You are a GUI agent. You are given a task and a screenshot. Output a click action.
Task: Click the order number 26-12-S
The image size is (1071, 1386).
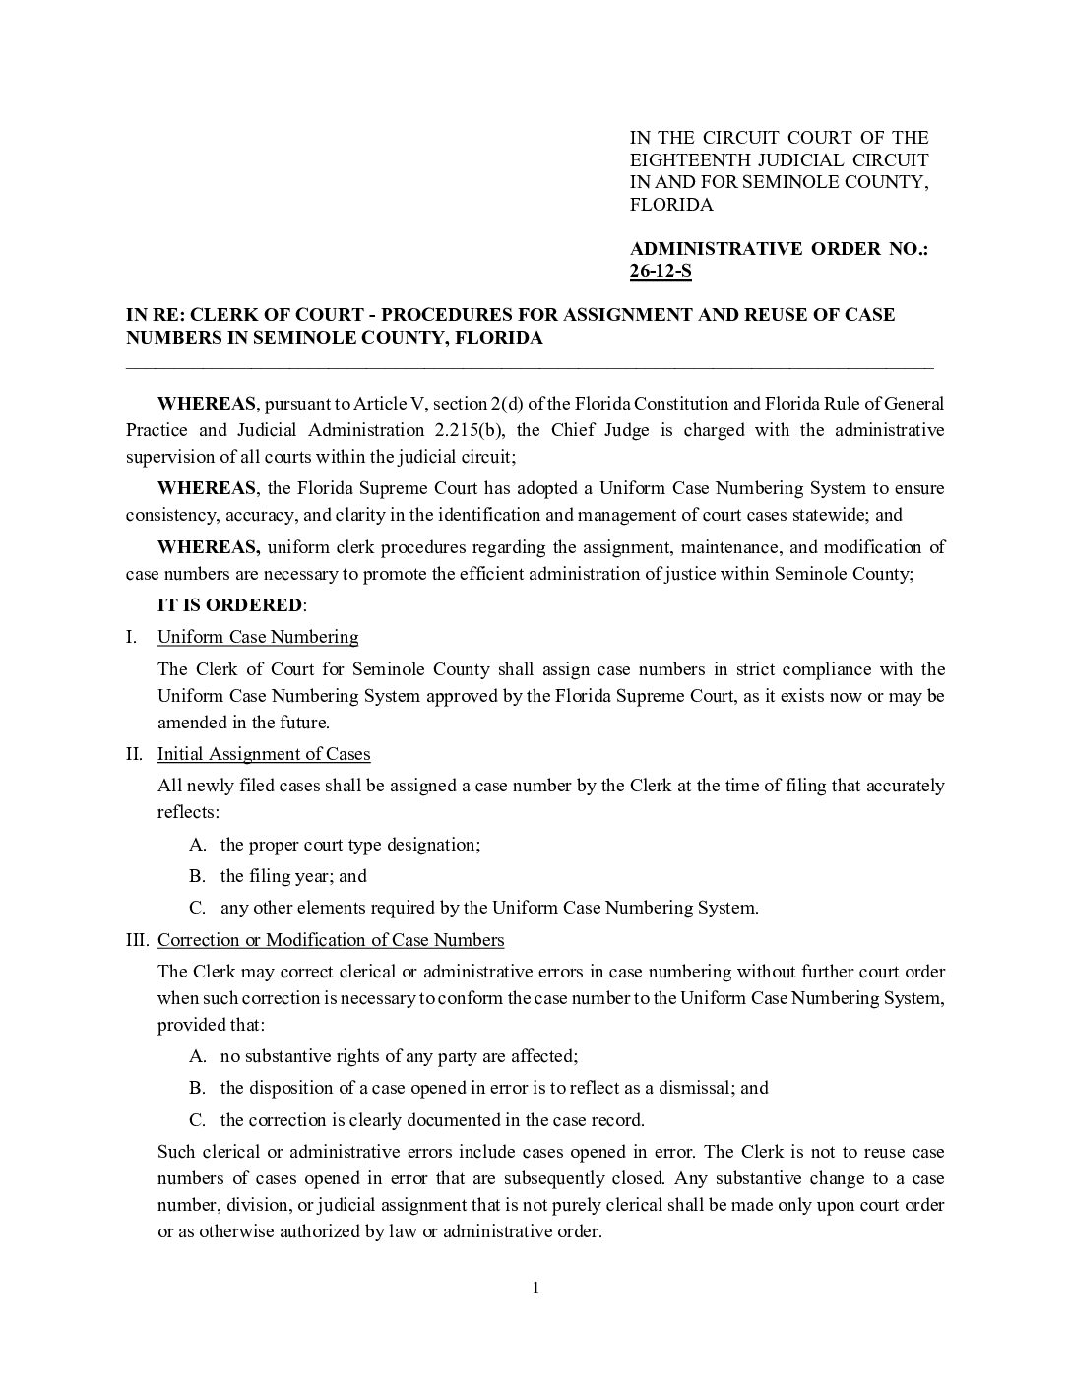point(661,271)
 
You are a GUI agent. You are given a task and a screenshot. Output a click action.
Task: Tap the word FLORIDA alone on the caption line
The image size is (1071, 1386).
point(671,205)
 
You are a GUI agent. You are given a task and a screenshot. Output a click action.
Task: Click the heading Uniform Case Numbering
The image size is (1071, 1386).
point(258,637)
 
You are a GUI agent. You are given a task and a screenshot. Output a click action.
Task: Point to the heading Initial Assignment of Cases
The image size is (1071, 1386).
point(264,754)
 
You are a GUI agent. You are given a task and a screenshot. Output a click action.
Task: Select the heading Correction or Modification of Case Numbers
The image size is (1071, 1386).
point(331,940)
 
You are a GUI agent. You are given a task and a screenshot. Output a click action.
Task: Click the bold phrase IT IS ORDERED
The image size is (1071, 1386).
point(230,605)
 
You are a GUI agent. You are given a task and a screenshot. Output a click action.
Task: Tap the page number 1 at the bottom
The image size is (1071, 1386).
point(535,1289)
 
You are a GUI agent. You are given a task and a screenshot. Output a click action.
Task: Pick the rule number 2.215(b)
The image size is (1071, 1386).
point(465,430)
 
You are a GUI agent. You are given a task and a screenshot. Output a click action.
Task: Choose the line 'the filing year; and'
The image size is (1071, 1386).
point(293,876)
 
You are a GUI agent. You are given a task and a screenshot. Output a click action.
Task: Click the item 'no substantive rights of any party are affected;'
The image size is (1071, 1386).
point(399,1056)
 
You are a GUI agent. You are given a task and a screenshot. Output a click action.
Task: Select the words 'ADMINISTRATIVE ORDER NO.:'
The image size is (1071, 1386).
point(779,248)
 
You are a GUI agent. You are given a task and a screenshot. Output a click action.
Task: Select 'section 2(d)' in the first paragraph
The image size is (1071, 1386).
point(474,404)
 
